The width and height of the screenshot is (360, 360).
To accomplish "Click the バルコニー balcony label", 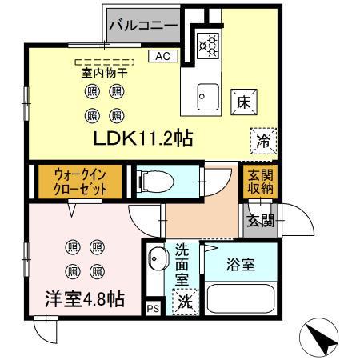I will [143, 26].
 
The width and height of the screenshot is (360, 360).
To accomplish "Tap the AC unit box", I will [162, 56].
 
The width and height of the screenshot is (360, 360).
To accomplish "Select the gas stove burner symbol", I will [209, 45].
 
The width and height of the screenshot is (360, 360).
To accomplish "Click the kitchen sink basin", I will [208, 95].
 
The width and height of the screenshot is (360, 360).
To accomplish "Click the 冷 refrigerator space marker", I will [262, 139].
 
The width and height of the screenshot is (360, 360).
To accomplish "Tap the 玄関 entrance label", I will [259, 220].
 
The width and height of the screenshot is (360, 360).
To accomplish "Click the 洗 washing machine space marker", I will [185, 304].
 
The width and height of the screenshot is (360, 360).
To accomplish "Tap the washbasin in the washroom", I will [157, 261].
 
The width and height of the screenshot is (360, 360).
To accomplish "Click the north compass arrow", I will [325, 340].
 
